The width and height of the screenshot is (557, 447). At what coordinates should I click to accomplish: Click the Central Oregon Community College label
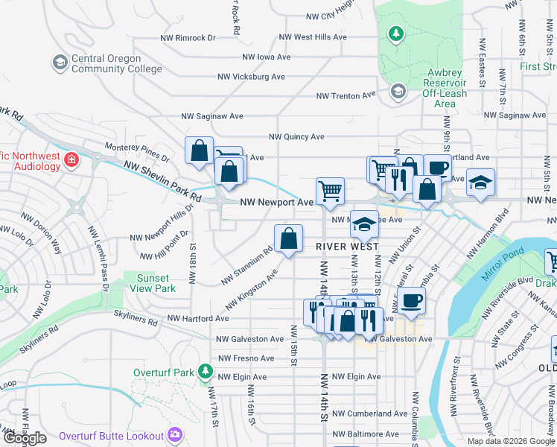pyautogui.click(x=116, y=64)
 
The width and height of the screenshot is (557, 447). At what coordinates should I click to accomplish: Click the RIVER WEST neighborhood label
pyautogui.click(x=347, y=246)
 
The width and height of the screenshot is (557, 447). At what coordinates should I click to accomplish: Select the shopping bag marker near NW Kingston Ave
pyautogui.click(x=288, y=239)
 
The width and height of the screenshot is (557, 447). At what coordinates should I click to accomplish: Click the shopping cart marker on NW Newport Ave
pyautogui.click(x=329, y=190)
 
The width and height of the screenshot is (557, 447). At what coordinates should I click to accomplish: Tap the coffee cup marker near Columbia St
pyautogui.click(x=410, y=300)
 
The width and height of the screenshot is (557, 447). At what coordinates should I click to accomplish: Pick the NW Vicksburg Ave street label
pyautogui.click(x=251, y=77)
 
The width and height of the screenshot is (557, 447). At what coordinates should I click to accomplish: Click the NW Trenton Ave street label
pyautogui.click(x=346, y=95)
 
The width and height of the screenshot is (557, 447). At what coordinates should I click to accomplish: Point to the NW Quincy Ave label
pyautogui.click(x=296, y=137)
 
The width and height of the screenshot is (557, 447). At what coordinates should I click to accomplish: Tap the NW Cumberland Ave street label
pyautogui.click(x=369, y=413)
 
